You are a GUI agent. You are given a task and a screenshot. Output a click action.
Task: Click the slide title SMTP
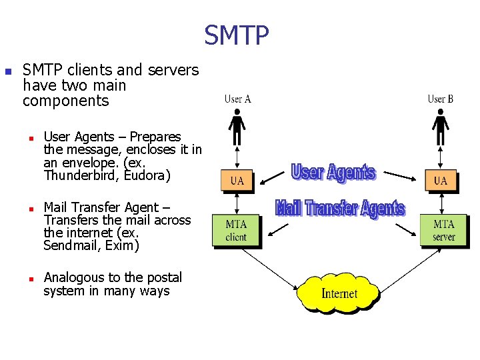point(237,36)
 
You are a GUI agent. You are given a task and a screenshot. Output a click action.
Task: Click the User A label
point(237,99)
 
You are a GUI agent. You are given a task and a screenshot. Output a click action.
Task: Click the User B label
point(441,99)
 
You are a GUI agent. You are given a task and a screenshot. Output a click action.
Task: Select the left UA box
point(237,180)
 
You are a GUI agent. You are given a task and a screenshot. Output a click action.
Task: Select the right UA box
point(441,180)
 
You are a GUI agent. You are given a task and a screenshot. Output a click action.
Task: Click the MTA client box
point(236,231)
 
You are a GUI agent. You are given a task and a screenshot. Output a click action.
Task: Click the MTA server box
point(443,231)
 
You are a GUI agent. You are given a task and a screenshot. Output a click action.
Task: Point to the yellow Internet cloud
point(339,293)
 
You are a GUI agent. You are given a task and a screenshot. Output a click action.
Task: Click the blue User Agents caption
point(333,173)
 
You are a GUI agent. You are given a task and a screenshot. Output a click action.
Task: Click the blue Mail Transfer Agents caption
point(340,208)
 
